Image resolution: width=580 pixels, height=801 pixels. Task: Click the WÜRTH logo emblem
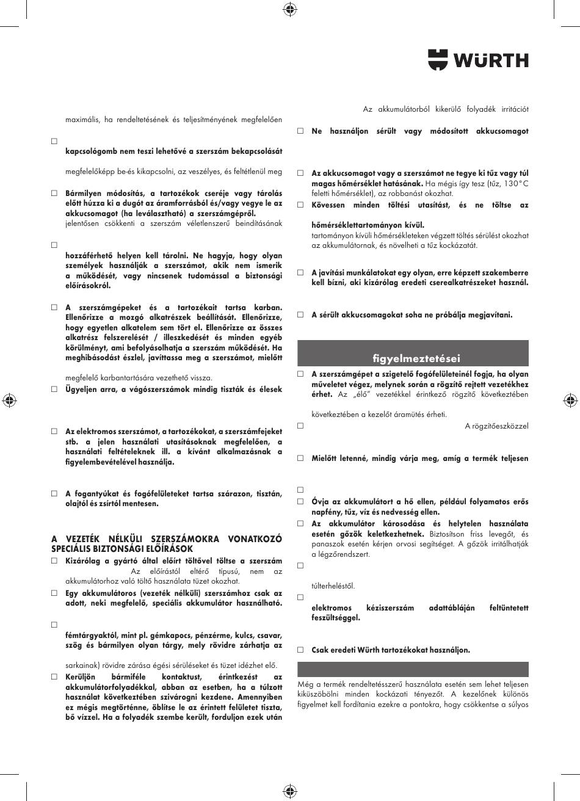[x=437, y=60]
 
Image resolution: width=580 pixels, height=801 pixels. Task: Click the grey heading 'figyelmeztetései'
[x=416, y=358]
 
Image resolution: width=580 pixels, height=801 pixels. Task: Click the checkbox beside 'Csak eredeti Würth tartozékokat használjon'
[x=300, y=650]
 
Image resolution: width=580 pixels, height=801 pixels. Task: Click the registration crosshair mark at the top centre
[x=290, y=9]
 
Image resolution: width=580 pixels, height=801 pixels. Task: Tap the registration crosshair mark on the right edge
[x=570, y=400]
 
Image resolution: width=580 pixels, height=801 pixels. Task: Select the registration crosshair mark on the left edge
[x=9, y=400]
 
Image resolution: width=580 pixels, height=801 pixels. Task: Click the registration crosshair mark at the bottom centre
[x=290, y=792]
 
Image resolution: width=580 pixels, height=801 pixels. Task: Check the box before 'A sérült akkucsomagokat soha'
[x=300, y=315]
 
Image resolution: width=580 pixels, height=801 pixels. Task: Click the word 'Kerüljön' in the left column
[x=84, y=677]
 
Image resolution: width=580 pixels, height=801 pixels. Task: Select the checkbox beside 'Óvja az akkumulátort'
[x=300, y=501]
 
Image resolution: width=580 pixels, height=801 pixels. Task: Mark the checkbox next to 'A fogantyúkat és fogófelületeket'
[x=54, y=493]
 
